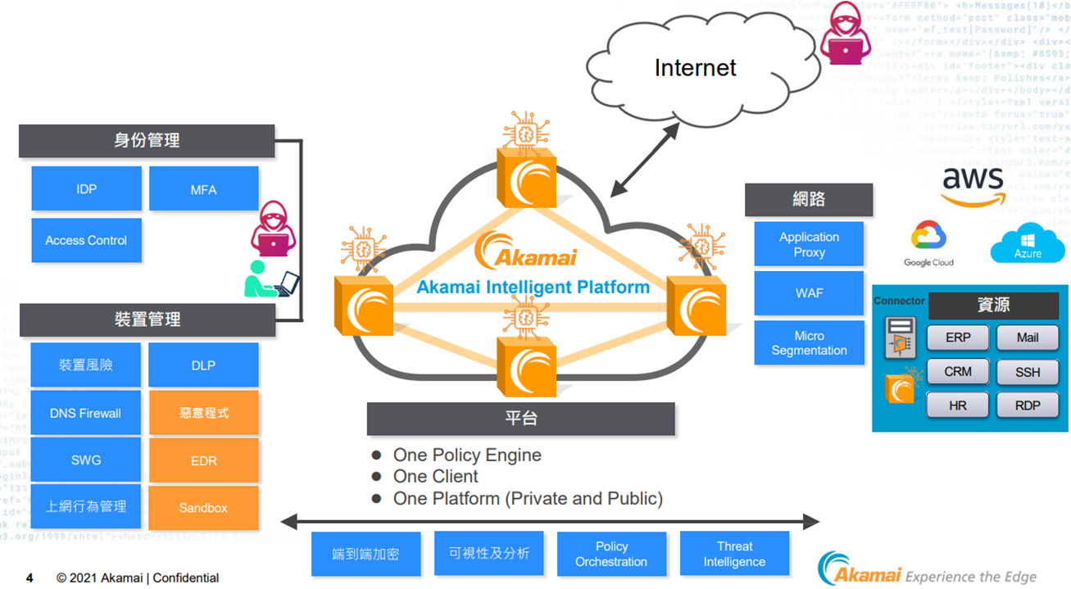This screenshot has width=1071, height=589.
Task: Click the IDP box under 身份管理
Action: (x=86, y=189)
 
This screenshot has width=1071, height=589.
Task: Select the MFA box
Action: (x=203, y=189)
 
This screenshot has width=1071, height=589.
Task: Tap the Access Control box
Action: (x=86, y=240)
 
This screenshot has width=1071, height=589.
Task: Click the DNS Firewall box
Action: (x=85, y=413)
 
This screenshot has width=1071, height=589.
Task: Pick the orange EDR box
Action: (x=203, y=460)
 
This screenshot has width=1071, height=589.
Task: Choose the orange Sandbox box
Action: (x=203, y=508)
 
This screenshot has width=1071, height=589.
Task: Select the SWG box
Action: (x=85, y=460)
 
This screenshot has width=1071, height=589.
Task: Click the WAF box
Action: (x=809, y=292)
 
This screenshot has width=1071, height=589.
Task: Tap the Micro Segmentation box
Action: (x=809, y=342)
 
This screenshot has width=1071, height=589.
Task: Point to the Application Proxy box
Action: (x=809, y=244)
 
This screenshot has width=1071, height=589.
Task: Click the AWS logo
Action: (x=973, y=185)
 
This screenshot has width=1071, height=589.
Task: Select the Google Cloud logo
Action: (x=928, y=244)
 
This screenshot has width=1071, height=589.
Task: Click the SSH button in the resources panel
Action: (x=1028, y=372)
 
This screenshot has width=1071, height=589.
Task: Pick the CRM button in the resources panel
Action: (x=957, y=372)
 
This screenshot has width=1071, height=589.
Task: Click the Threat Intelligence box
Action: (x=734, y=554)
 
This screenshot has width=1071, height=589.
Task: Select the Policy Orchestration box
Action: (x=611, y=554)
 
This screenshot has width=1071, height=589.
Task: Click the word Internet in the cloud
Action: (x=695, y=67)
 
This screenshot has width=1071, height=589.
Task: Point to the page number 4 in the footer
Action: (x=29, y=578)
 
